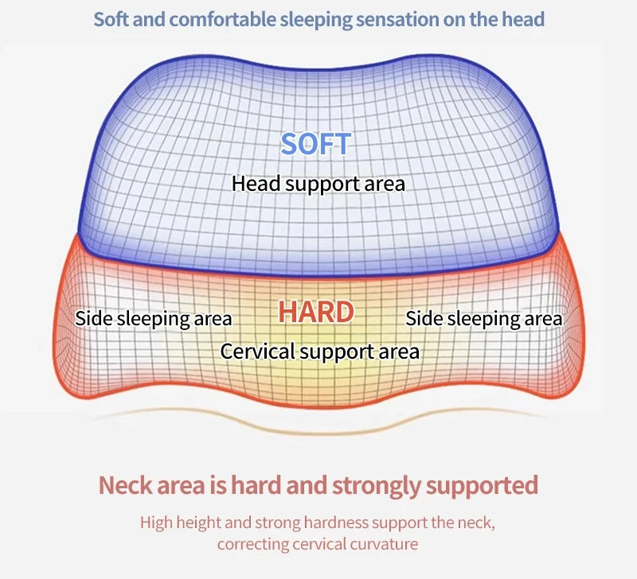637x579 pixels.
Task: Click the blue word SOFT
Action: coord(315,144)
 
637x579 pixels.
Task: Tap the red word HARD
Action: coord(316,312)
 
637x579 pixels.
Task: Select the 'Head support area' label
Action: coord(318,184)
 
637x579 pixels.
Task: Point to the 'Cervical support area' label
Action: coord(320,352)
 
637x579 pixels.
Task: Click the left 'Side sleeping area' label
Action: coord(154,319)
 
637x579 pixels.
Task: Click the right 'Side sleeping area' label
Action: coord(484,319)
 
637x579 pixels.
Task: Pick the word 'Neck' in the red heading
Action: coord(126,485)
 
